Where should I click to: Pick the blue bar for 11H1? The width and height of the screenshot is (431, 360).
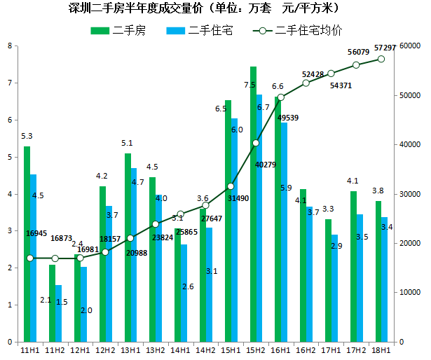tap(33, 259)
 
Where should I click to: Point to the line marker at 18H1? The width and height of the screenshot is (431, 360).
tap(381, 59)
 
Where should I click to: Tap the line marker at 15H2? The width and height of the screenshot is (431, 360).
tap(256, 143)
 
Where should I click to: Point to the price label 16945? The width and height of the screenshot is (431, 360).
tap(36, 233)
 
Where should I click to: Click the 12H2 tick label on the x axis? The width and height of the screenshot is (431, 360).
tap(105, 349)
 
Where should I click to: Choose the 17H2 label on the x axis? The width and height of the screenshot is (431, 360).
tap(357, 349)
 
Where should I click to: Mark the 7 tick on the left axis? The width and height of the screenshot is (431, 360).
tap(9, 83)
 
